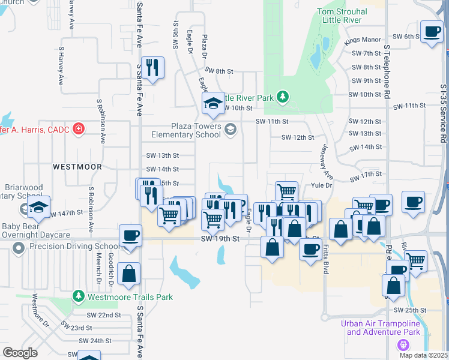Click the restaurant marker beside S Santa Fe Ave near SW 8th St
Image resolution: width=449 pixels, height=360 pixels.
click(153, 68)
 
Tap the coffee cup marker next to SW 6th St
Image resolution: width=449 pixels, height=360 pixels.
click(431, 32)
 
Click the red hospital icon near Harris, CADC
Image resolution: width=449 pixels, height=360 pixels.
click(78, 128)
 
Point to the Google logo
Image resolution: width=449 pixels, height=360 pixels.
click(20, 352)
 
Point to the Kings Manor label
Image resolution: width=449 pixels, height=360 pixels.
click(363, 40)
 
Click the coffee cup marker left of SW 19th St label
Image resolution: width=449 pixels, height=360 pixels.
click(130, 236)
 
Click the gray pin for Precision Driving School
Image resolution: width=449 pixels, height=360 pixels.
click(19, 247)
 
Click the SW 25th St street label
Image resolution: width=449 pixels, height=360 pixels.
click(410, 310)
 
